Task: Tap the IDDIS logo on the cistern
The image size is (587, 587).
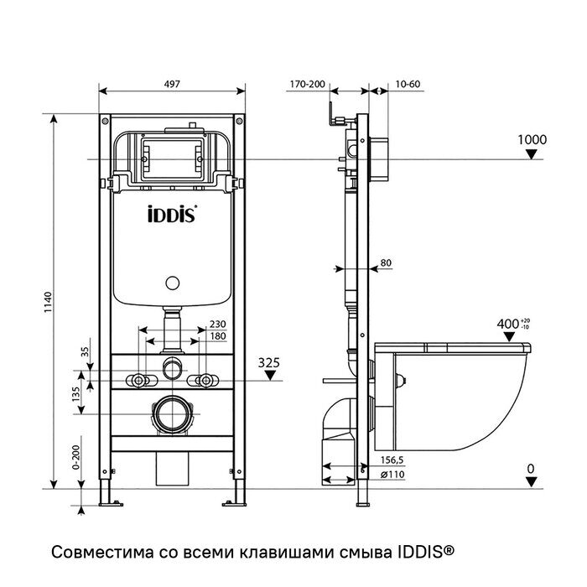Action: click(173, 213)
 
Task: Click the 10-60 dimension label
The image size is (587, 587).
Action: click(408, 84)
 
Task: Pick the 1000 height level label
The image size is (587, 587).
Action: click(532, 139)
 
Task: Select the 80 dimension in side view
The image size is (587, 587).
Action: click(386, 263)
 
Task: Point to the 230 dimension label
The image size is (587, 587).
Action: click(216, 325)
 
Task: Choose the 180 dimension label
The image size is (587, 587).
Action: click(216, 336)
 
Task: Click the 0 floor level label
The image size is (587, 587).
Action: click(530, 468)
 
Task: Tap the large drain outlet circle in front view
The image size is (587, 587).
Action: click(173, 414)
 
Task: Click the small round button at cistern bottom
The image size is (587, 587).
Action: click(173, 285)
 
